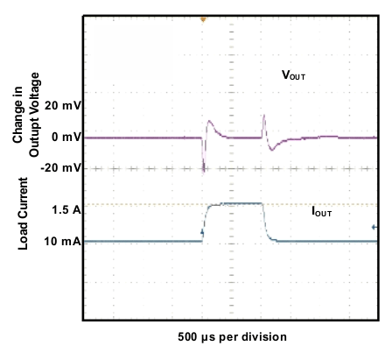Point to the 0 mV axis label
[x=64, y=138]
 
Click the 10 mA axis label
[x=63, y=241]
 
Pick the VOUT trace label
[x=292, y=76]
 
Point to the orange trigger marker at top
[x=203, y=18]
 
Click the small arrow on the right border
[x=376, y=229]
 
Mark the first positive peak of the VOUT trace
[x=209, y=122]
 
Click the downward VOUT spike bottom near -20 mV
[x=204, y=172]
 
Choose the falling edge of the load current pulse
[x=269, y=223]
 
